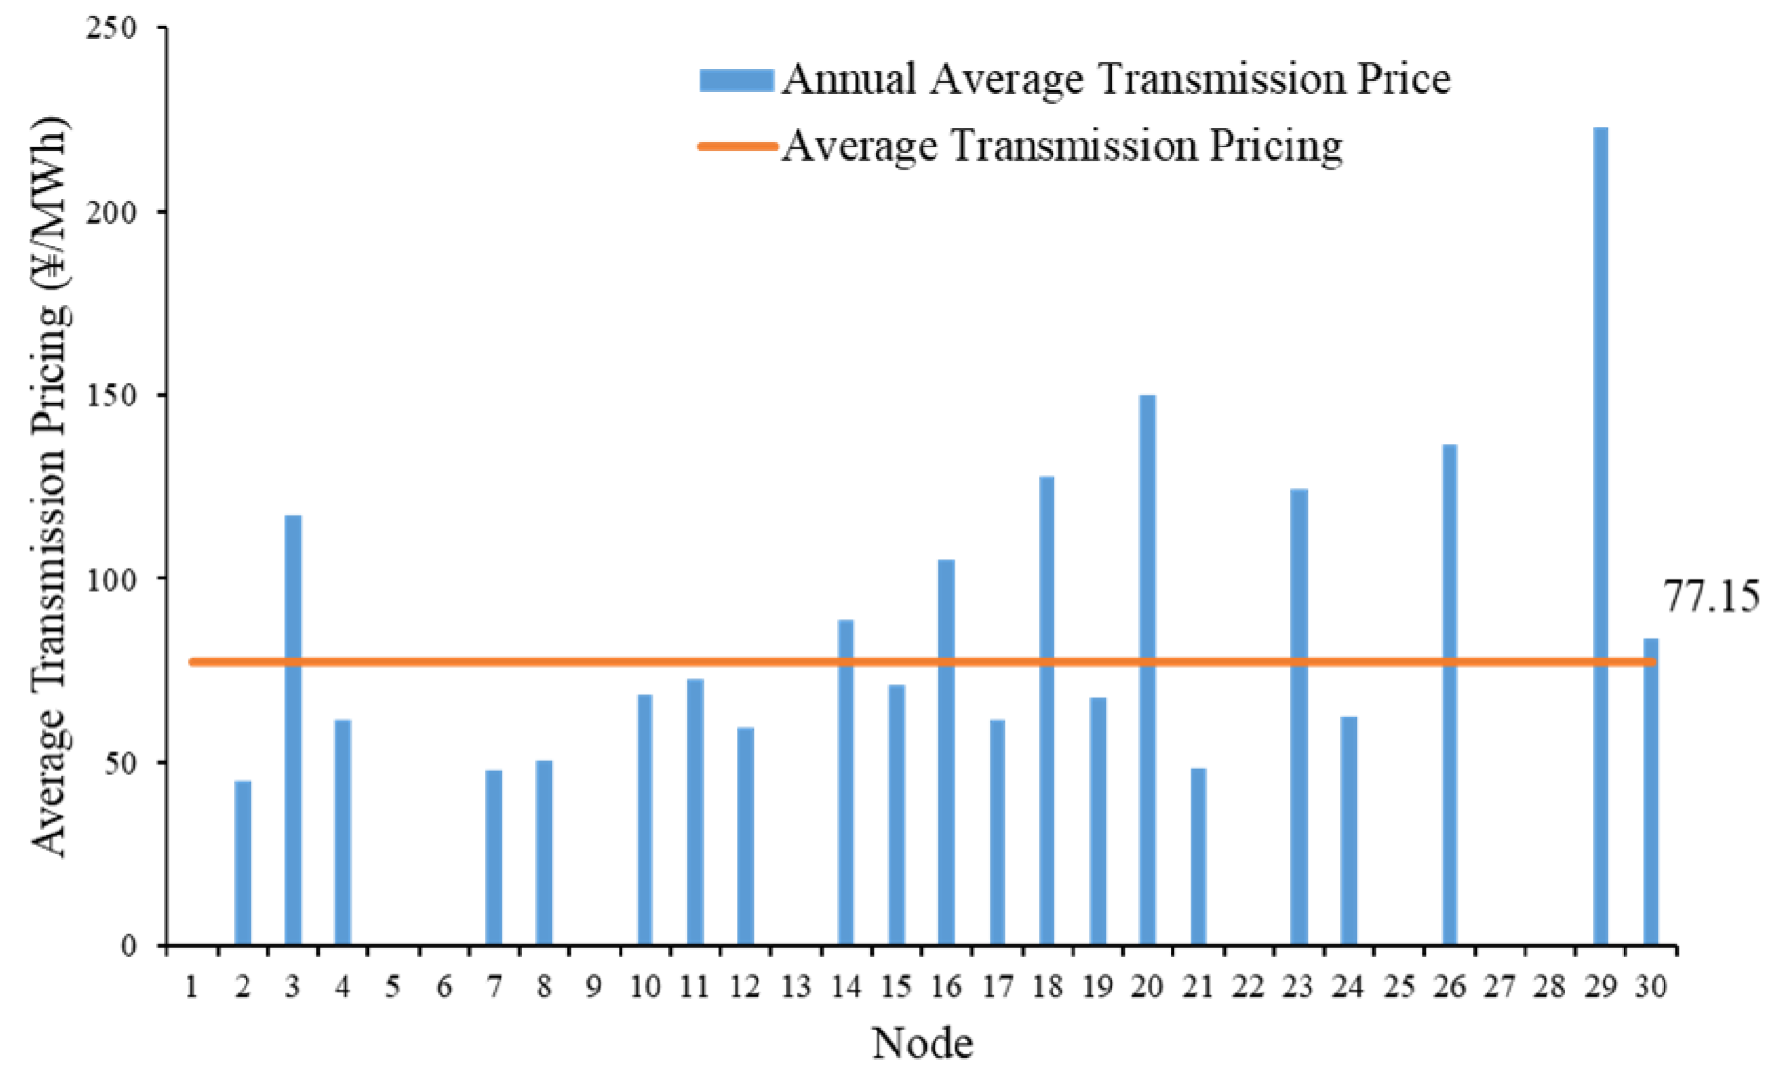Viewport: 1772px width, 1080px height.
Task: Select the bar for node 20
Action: point(1148,670)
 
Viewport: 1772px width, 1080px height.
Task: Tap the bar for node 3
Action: point(292,730)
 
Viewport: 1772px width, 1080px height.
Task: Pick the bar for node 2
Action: point(243,863)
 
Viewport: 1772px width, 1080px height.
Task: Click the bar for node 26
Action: point(1449,695)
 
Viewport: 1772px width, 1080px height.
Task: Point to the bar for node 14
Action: point(845,782)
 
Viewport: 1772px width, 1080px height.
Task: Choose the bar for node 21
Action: point(1198,856)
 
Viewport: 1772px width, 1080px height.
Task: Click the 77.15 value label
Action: point(1710,598)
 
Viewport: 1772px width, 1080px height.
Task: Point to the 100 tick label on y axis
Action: point(112,579)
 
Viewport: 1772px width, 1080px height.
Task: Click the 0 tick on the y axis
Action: point(129,946)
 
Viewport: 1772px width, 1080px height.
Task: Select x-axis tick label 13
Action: point(796,988)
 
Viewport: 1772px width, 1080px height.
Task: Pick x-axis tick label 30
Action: point(1651,988)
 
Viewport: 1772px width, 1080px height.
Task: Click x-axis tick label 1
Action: point(192,988)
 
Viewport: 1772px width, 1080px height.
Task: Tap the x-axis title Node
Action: point(921,1044)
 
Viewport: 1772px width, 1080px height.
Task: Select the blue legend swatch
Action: point(736,81)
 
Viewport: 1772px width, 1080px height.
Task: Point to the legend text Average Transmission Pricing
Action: point(1061,147)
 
